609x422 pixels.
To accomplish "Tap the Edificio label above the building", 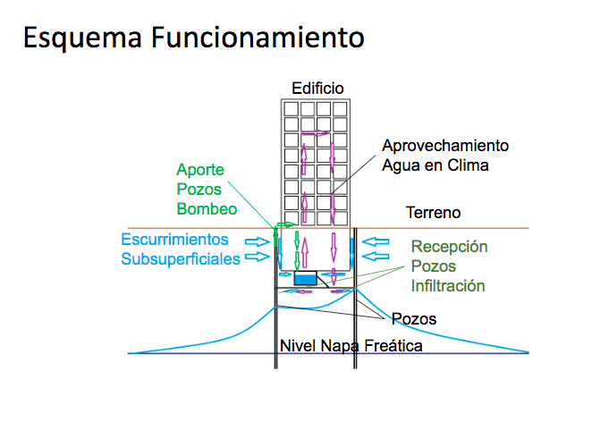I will (318, 88).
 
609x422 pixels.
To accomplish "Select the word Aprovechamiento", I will (445, 145).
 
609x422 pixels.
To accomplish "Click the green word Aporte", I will (200, 170).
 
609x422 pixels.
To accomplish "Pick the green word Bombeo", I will (207, 209).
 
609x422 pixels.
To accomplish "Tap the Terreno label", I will (433, 213).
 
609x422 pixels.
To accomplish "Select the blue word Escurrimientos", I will (174, 240).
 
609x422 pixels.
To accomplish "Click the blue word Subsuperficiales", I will (181, 259).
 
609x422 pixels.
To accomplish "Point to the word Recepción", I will (449, 247).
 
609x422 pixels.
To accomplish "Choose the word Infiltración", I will (448, 286).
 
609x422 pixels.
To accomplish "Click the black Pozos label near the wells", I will (413, 318).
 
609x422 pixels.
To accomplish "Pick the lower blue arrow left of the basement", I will (259, 256).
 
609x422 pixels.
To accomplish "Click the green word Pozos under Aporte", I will (199, 190).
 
